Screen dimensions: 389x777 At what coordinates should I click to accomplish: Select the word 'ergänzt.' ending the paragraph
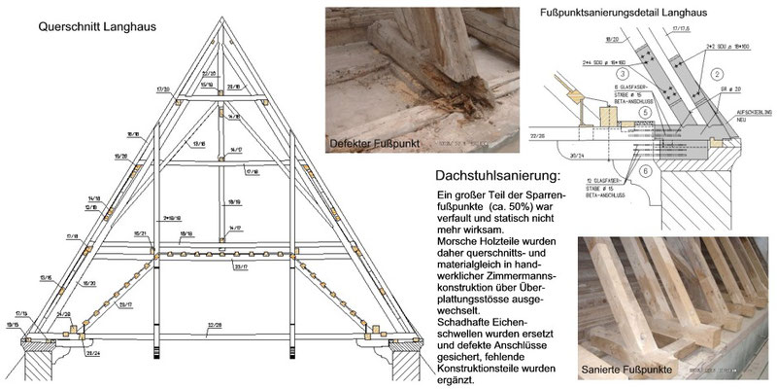pyautogui.click(x=459, y=380)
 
